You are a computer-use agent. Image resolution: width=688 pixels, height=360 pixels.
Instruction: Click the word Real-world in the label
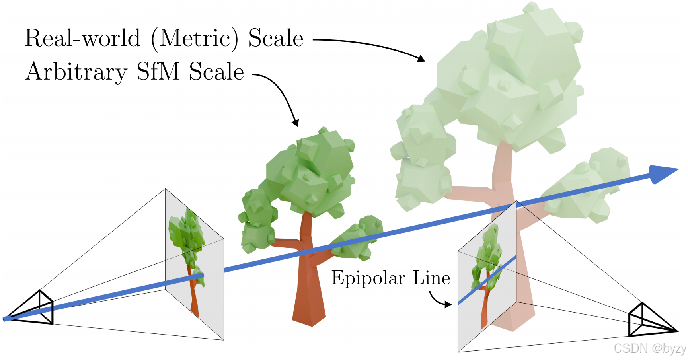82,39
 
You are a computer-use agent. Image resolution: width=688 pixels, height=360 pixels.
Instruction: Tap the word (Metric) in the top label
195,39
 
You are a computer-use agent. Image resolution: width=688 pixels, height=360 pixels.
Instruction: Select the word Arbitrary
76,72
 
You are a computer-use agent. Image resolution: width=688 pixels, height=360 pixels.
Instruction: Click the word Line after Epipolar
431,278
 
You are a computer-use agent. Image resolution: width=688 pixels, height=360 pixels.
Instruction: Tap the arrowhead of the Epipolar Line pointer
449,305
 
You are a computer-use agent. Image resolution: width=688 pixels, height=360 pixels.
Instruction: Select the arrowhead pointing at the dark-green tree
296,123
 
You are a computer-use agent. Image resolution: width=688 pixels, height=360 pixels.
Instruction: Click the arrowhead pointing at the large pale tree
421,59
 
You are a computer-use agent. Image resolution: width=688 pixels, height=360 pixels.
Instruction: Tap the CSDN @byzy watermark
649,348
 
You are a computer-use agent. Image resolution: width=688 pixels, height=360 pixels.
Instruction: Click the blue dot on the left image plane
201,275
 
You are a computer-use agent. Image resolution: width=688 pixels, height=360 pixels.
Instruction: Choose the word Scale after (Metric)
276,39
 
